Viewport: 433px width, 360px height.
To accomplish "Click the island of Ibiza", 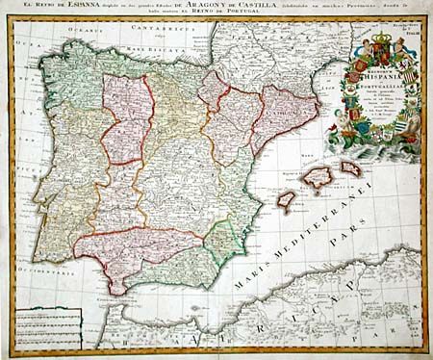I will tap(286, 199).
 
